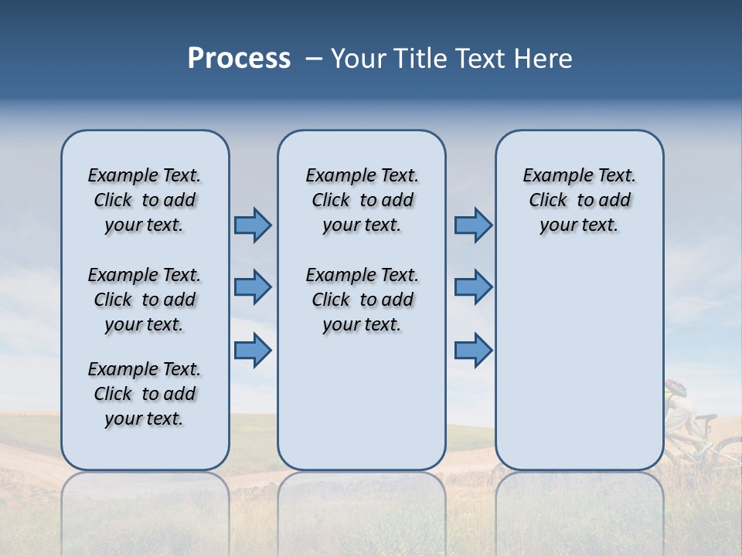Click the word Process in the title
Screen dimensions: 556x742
[x=239, y=58]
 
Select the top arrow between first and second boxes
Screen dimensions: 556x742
[x=253, y=225]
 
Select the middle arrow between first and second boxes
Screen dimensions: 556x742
[x=253, y=287]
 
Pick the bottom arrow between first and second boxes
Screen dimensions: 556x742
[x=253, y=350]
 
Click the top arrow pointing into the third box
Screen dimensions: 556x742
[x=473, y=225]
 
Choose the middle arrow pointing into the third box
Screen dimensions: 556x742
[x=473, y=287]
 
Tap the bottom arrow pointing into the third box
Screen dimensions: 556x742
[x=473, y=350]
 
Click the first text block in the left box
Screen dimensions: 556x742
[x=145, y=200]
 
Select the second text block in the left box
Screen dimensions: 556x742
[x=145, y=300]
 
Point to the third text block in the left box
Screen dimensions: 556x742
[x=145, y=394]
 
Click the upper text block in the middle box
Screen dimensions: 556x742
[x=362, y=200]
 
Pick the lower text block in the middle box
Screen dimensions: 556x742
[x=362, y=300]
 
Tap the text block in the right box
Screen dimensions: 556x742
[x=579, y=200]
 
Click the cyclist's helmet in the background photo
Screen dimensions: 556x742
[x=676, y=387]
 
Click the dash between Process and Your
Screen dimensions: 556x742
[x=313, y=58]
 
